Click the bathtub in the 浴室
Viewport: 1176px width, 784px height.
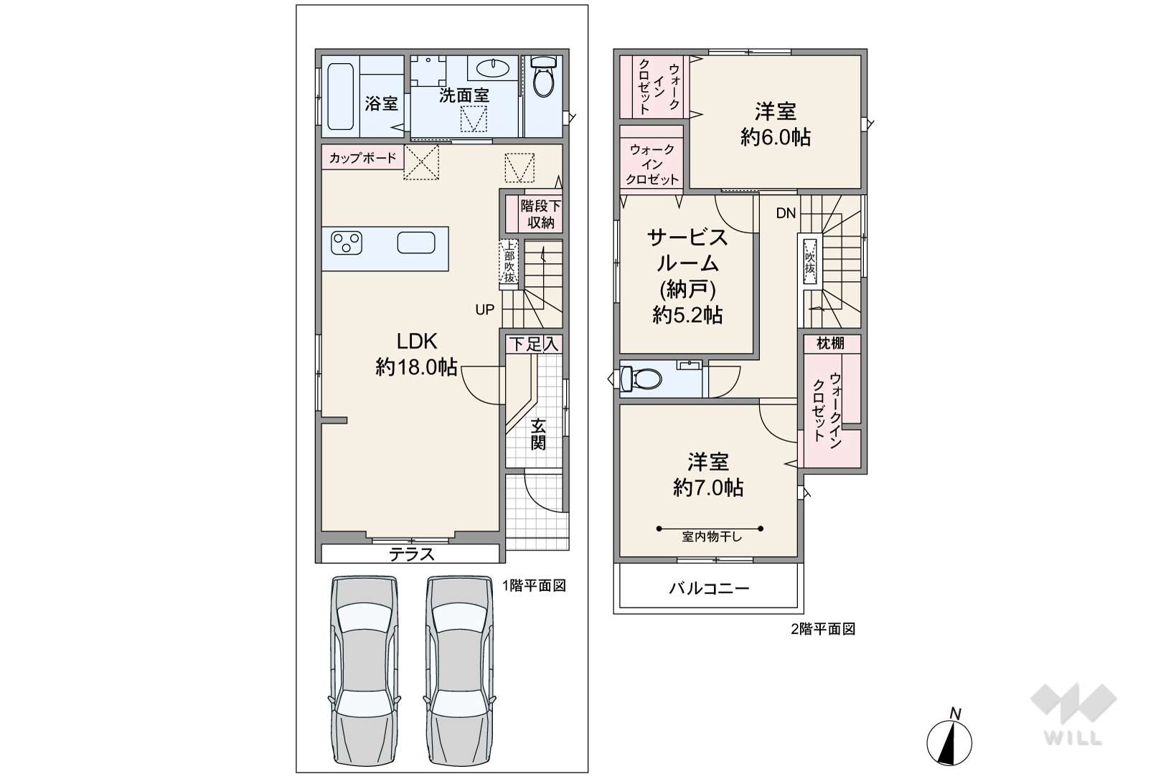pos(340,97)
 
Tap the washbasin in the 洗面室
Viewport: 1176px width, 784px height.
pos(494,67)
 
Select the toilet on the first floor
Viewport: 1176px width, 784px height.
pos(543,77)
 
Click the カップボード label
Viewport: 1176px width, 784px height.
pos(363,157)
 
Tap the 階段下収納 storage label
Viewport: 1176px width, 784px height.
pos(541,214)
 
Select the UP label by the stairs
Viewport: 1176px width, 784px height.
pos(484,310)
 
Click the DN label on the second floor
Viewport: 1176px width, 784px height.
pos(786,213)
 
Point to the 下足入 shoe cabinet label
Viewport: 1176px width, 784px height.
pos(534,345)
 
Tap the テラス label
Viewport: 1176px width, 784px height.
pos(412,554)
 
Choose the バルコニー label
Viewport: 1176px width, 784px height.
pos(709,588)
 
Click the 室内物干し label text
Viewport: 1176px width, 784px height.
pos(711,537)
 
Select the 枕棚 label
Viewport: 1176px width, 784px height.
pos(830,344)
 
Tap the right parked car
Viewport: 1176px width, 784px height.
pos(460,671)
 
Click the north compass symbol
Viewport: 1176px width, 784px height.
pos(949,739)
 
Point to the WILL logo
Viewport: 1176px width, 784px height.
pos(1073,714)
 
